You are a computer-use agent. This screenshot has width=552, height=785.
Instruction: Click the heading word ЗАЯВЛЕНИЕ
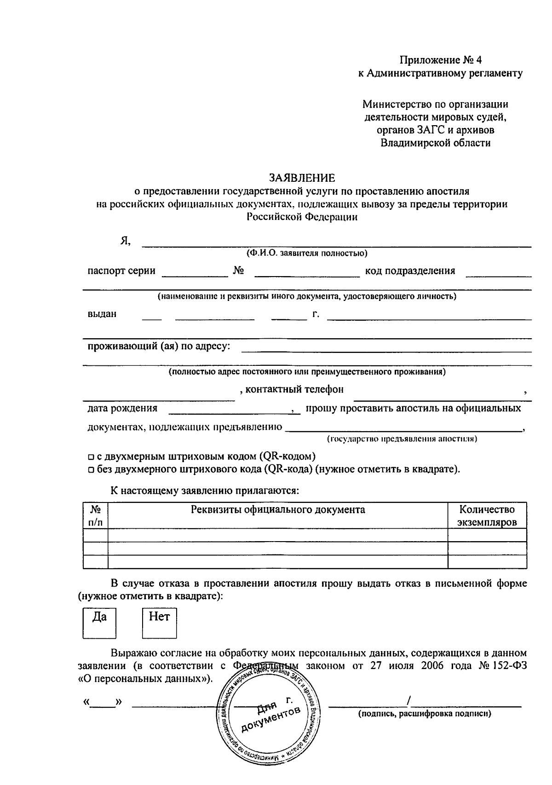(302, 178)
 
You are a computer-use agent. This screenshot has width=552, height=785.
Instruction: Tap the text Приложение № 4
(440, 60)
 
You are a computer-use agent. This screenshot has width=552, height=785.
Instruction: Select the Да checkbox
(99, 623)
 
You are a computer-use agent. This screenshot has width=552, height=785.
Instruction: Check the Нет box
(159, 623)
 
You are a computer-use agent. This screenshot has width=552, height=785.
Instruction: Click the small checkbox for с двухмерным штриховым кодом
(91, 457)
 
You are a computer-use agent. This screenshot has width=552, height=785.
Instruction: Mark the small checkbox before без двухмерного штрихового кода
(91, 470)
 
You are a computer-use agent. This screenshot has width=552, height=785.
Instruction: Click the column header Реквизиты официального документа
(278, 509)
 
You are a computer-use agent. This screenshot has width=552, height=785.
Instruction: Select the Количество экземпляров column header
(487, 515)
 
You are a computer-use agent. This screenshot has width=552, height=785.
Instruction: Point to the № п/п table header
(95, 515)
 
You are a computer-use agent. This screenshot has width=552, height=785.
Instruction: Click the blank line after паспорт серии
(195, 275)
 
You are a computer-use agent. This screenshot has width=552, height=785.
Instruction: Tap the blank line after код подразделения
(499, 275)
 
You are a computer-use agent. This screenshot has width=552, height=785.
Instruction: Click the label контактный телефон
(294, 390)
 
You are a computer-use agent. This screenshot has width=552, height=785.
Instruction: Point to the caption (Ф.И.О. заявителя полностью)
(306, 253)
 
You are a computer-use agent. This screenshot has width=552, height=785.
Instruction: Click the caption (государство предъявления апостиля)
(402, 439)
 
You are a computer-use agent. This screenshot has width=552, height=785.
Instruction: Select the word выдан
(102, 314)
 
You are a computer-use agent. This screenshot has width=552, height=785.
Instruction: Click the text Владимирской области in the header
(435, 143)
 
